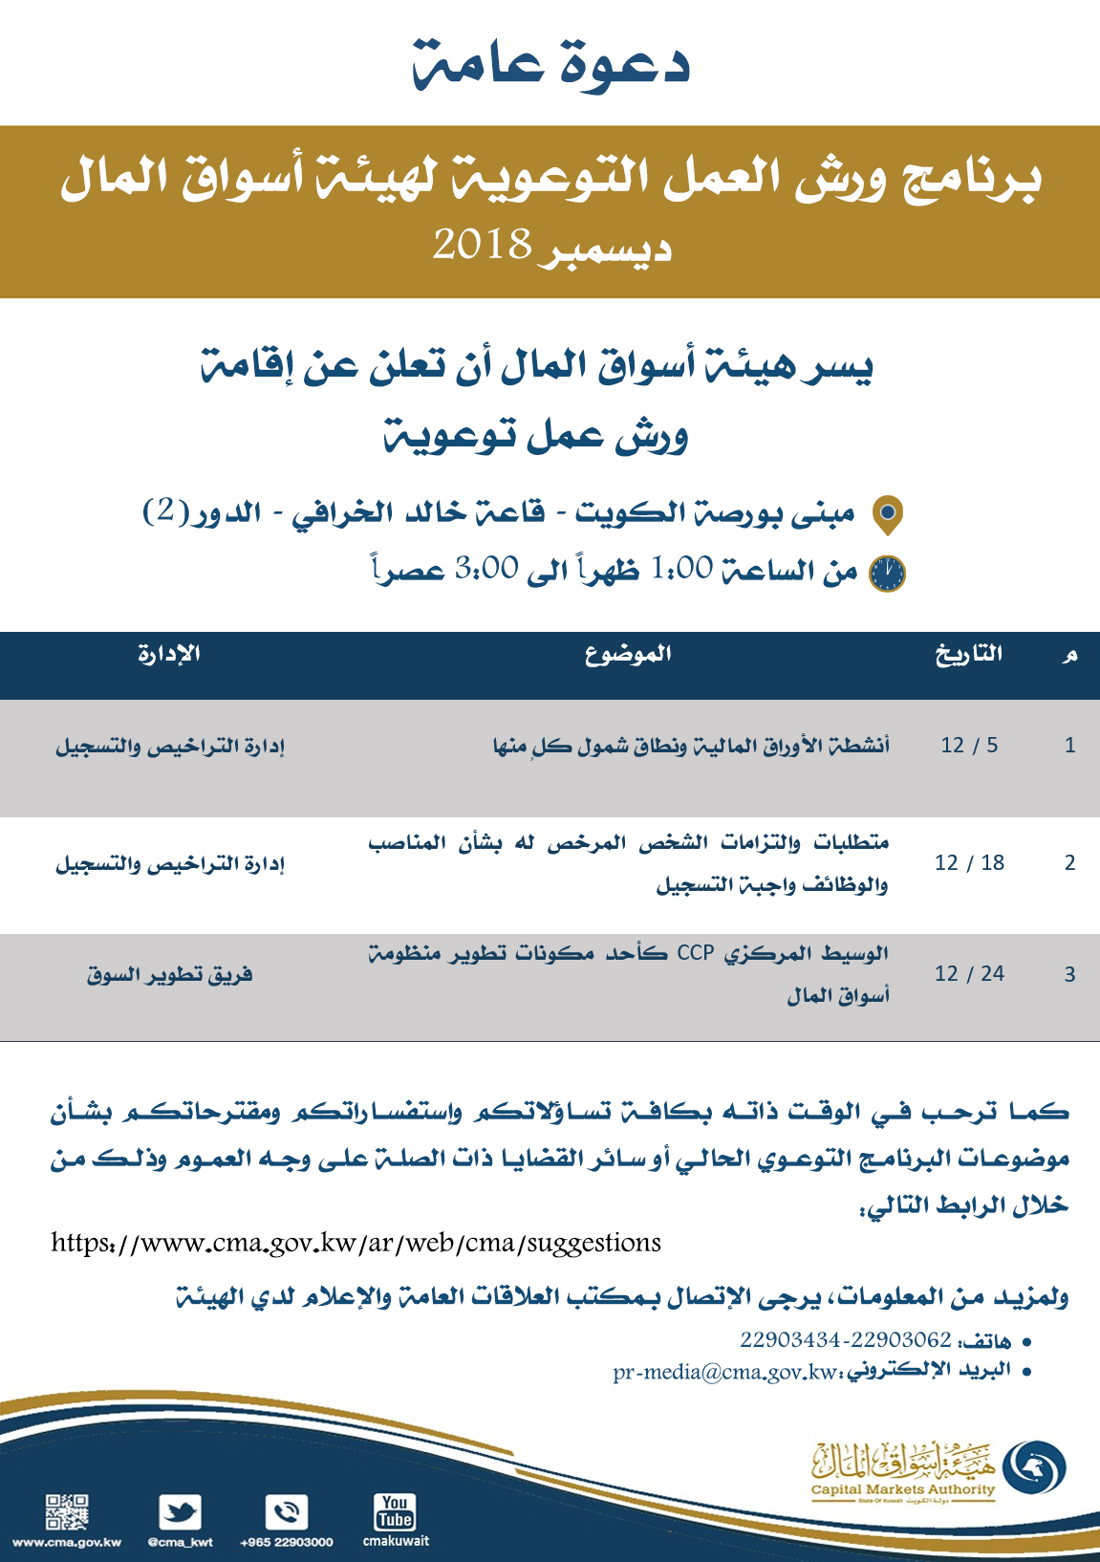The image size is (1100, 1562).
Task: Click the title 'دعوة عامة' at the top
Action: [x=551, y=65]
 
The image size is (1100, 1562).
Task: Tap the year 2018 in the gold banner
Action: [x=482, y=245]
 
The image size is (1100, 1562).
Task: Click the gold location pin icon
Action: [x=888, y=514]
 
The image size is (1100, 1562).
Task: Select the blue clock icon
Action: [x=887, y=573]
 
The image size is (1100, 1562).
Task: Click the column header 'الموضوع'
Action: [x=628, y=654]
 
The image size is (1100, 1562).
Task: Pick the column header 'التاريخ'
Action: [x=969, y=654]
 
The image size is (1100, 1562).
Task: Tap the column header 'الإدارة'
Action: [x=169, y=654]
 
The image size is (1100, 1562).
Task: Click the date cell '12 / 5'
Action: [x=969, y=746]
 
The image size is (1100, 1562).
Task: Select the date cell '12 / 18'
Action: [x=969, y=863]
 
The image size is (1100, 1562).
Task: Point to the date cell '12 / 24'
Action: [x=969, y=974]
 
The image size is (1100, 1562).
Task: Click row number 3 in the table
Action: [x=1069, y=975]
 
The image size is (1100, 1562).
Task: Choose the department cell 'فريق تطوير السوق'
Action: [x=170, y=975]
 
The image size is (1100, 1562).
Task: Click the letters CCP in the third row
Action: [x=696, y=953]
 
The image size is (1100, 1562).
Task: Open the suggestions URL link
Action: [x=356, y=1243]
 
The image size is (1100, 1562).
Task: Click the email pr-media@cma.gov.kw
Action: [x=725, y=1373]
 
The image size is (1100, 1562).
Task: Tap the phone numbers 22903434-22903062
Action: [x=845, y=1340]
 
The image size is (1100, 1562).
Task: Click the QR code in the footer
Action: [x=67, y=1512]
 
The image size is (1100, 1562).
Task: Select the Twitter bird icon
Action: [x=180, y=1512]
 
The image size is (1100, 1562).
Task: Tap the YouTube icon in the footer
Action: [x=395, y=1512]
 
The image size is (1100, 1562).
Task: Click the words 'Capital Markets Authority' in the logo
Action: [x=902, y=1489]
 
